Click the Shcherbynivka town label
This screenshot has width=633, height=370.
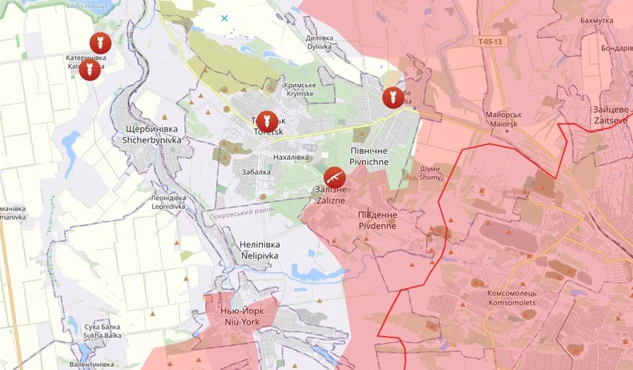coord(152,134)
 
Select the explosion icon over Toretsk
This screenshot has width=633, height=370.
coord(266,121)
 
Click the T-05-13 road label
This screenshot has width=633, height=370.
coord(490,41)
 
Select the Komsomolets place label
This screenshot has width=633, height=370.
coord(518,298)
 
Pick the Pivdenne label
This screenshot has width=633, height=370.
coord(377,220)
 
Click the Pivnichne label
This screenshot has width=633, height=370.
coord(369,156)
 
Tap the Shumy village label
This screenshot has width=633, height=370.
coord(430,173)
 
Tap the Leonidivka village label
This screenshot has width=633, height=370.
coord(168,202)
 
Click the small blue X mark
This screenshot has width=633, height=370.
coord(224,18)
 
